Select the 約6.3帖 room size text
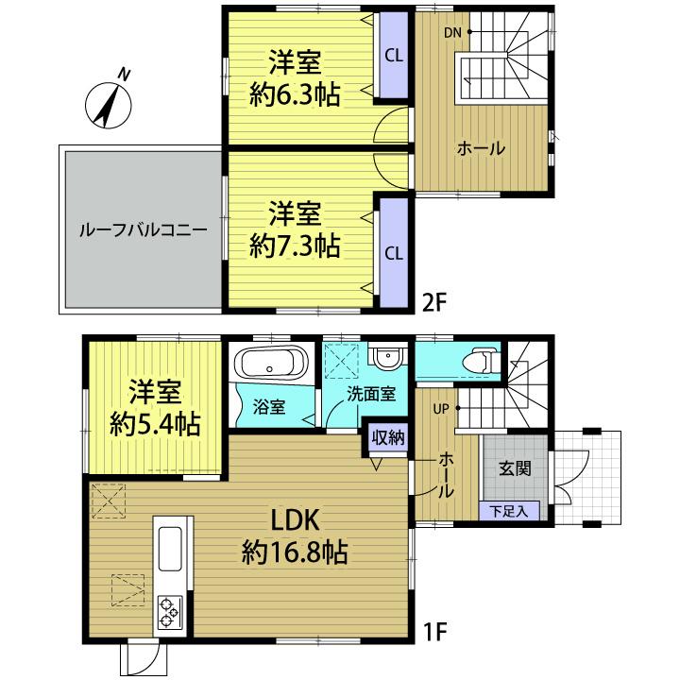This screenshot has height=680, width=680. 295,93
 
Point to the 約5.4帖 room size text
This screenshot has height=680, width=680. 154,424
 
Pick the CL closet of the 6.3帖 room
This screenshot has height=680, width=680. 395,56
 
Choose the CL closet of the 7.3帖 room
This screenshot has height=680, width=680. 394,252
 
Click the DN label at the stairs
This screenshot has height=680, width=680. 453,33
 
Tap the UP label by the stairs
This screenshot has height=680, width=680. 441,409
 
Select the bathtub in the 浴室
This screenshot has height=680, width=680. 271,364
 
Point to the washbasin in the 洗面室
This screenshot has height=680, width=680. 387,358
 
